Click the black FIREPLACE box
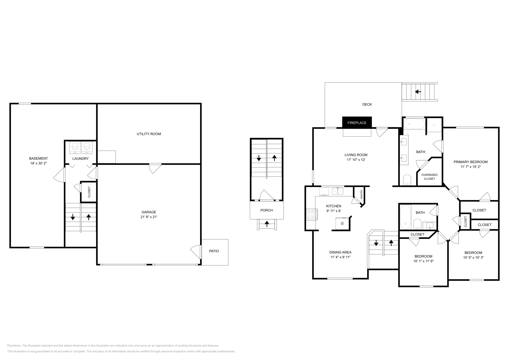click(357, 123)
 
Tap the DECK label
click(367, 104)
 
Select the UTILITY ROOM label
click(149, 134)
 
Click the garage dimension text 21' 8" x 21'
click(149, 217)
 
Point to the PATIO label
click(214, 251)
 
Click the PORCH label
click(266, 210)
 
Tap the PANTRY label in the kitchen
click(361, 194)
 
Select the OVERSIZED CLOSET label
click(429, 177)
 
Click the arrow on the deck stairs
click(418, 92)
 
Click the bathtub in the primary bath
click(414, 123)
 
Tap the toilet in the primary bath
click(407, 180)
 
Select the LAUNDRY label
click(80, 158)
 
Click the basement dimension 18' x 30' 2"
click(38, 163)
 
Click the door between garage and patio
click(196, 251)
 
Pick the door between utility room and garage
click(155, 168)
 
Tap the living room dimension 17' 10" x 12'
click(356, 160)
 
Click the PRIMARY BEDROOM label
click(470, 162)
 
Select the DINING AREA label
click(340, 252)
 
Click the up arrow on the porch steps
click(267, 224)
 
